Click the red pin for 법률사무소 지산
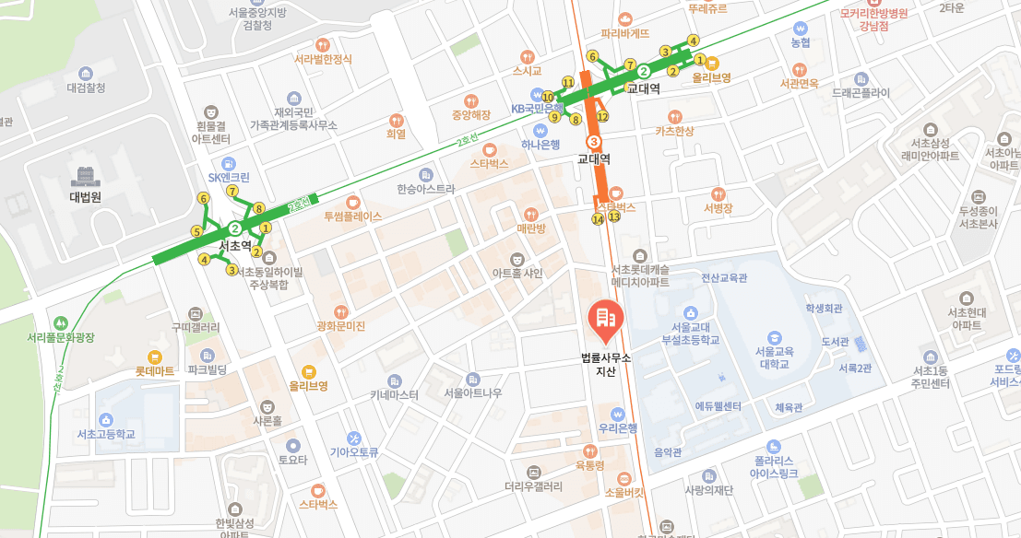[x=605, y=319]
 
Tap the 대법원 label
[x=85, y=196]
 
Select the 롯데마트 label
[x=155, y=371]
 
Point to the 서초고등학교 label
[x=106, y=434]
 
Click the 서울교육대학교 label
[x=773, y=357]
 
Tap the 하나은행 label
[x=540, y=144]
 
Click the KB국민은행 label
[x=537, y=108]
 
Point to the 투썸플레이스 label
[x=352, y=217]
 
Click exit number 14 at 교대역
[x=598, y=219]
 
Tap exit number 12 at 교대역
[x=602, y=116]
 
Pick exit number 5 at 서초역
[x=196, y=231]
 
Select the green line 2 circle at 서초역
[x=235, y=228]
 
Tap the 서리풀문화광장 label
[x=61, y=337]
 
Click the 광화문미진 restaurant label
[x=341, y=326]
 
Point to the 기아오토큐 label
[x=355, y=451]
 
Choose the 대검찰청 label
[x=86, y=88]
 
